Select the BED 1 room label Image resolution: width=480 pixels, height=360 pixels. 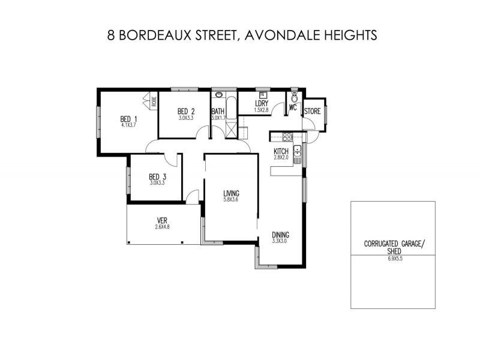click(x=128, y=119)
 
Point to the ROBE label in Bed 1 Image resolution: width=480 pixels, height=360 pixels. click(x=154, y=101)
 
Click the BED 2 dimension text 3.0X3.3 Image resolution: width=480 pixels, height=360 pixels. click(x=186, y=118)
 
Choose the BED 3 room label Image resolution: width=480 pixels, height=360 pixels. click(x=157, y=176)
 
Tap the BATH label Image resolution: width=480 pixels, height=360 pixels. click(x=217, y=112)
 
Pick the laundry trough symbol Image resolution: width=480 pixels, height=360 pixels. click(x=262, y=94)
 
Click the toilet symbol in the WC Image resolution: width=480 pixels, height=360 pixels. click(x=293, y=98)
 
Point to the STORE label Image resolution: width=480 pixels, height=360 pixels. click(x=312, y=112)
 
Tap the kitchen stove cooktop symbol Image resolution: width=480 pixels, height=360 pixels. click(x=287, y=136)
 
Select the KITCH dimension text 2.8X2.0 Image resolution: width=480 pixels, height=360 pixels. click(x=281, y=158)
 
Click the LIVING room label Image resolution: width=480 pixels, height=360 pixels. click(x=231, y=193)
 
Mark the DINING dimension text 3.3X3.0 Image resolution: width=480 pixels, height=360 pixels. click(x=280, y=241)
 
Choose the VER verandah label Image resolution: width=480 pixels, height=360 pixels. click(x=162, y=220)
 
